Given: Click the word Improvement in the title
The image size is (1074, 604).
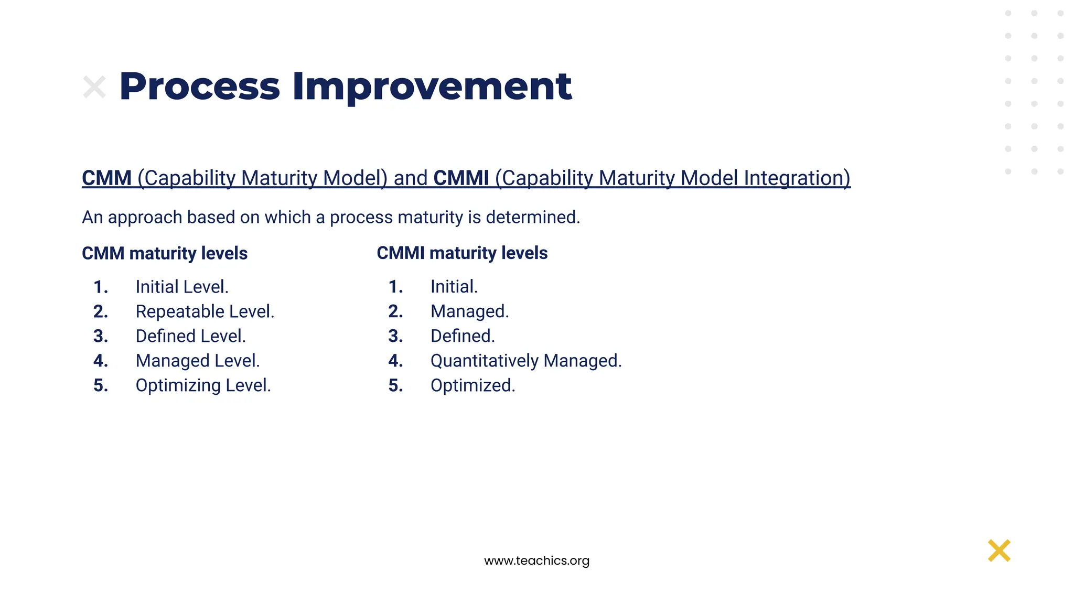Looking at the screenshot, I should tap(432, 87).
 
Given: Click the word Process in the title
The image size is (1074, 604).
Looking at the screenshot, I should tap(200, 87).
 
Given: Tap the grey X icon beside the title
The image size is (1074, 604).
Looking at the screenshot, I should tap(94, 87).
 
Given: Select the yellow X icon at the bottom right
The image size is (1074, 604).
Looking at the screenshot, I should tap(999, 551).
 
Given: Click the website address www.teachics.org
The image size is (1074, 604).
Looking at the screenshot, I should tap(536, 560).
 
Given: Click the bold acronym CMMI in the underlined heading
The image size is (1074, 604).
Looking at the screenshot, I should tap(461, 178).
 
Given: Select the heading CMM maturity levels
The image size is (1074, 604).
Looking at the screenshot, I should tap(165, 253).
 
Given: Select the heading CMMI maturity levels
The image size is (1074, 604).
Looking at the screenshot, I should tap(462, 253).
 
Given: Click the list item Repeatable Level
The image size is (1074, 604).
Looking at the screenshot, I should tap(205, 311).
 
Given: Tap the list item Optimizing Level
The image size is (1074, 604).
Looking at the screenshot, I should tap(203, 385).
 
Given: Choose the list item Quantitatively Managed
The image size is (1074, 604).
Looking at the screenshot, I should tap(525, 361).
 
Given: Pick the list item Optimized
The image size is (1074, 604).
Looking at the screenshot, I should tap(472, 385).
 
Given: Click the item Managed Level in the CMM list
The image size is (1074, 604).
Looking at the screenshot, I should tap(197, 361).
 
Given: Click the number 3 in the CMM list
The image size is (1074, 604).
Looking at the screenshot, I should tap(100, 336).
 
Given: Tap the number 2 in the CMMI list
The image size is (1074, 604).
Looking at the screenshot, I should tap(395, 311).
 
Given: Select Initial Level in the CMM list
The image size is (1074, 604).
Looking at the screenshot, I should tap(181, 287).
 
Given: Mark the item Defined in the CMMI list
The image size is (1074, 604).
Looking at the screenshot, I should tap(462, 336).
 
